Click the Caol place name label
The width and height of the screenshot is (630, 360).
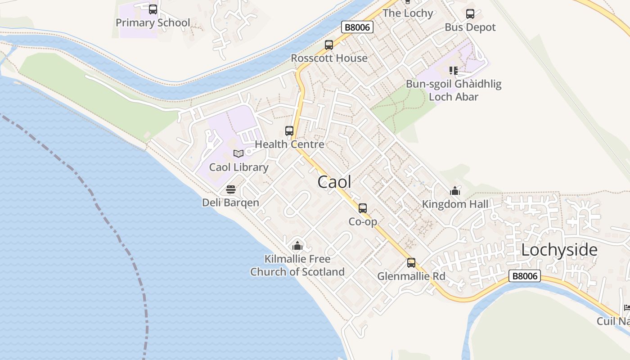[x=334, y=182]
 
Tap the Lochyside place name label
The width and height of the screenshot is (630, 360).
[x=559, y=250]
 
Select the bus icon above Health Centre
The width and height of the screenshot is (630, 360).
[x=289, y=131]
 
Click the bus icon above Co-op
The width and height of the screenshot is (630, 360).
[x=363, y=208]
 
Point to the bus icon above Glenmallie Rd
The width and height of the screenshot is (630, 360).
[x=411, y=263]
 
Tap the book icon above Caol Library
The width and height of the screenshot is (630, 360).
[x=238, y=154]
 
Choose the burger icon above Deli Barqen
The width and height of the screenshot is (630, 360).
[x=231, y=189]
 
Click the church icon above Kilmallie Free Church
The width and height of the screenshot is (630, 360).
[x=297, y=246]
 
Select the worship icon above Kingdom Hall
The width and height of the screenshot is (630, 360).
[x=455, y=191]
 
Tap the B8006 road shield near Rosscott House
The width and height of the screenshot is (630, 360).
[x=358, y=27]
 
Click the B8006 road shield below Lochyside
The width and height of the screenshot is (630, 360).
[x=525, y=276]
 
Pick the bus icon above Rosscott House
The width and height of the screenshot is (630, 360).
[x=329, y=45]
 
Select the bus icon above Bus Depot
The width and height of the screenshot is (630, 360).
[x=470, y=14]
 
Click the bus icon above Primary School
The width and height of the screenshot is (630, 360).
[x=153, y=9]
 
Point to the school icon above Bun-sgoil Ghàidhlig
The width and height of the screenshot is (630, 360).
[x=454, y=71]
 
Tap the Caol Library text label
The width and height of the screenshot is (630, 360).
[x=238, y=167]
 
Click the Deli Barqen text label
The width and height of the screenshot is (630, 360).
[x=230, y=202]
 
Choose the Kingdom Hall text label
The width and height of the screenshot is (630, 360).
[x=454, y=204]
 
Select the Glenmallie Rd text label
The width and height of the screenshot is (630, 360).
[x=411, y=276]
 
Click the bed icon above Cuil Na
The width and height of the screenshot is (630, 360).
[x=627, y=308]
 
